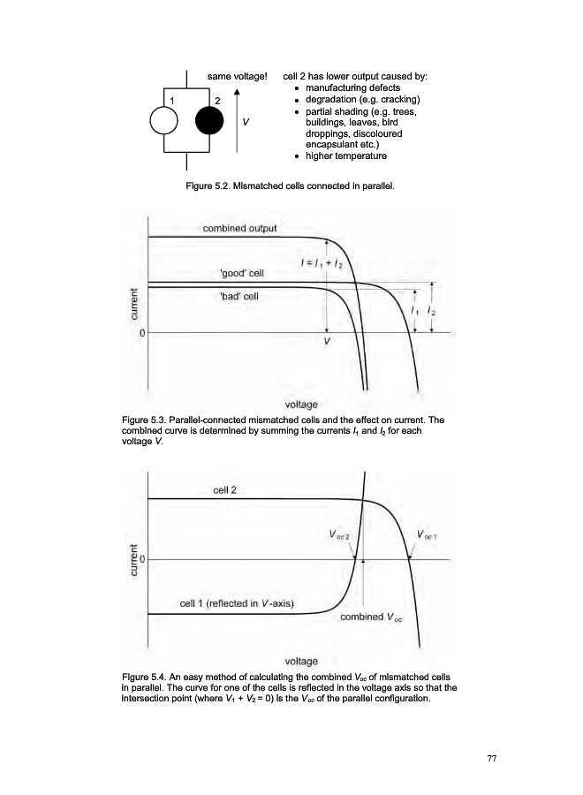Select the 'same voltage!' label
click(237, 77)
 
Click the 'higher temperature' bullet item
click(345, 156)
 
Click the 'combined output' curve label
click(239, 228)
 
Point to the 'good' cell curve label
click(241, 274)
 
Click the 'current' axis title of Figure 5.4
click(134, 562)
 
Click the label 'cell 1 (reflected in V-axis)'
click(237, 604)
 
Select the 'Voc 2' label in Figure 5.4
click(339, 534)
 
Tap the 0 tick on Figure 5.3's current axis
click(141, 333)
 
